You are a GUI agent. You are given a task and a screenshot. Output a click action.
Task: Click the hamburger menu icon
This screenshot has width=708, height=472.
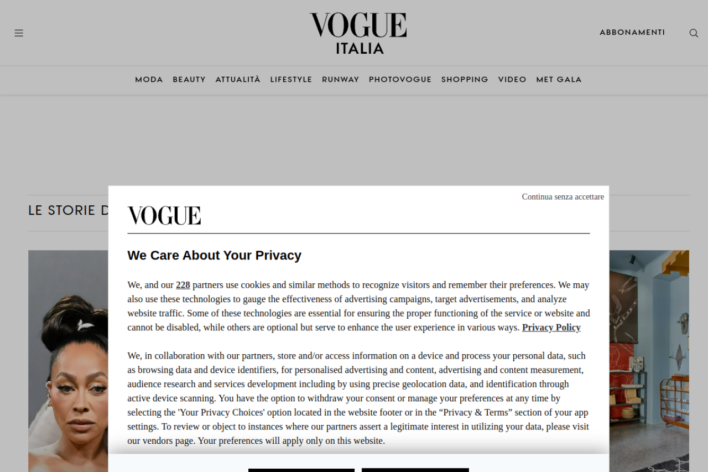pyautogui.click(x=19, y=33)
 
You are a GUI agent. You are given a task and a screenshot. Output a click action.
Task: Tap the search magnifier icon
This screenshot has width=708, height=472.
pyautogui.click(x=694, y=33)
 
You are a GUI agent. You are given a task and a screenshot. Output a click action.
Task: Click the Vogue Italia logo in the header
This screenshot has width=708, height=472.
pyautogui.click(x=358, y=33)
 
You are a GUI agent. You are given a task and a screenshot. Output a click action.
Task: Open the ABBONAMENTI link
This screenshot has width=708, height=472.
pyautogui.click(x=632, y=33)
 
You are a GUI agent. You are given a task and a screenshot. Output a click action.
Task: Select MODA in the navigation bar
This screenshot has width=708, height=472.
pyautogui.click(x=149, y=80)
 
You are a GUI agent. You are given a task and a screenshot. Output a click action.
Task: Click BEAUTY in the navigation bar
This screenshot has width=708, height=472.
pyautogui.click(x=189, y=80)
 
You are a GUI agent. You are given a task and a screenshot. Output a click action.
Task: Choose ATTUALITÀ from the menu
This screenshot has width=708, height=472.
pyautogui.click(x=238, y=80)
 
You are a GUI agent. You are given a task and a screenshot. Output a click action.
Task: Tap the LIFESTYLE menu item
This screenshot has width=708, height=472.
pyautogui.click(x=291, y=80)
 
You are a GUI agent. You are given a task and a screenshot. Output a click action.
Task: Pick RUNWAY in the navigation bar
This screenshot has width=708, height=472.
pyautogui.click(x=340, y=80)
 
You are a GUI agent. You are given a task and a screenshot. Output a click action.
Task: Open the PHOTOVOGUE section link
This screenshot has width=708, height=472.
pyautogui.click(x=400, y=80)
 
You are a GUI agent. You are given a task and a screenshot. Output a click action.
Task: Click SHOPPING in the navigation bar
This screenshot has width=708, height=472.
pyautogui.click(x=465, y=80)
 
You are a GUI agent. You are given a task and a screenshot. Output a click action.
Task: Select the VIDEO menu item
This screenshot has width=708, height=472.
pyautogui.click(x=512, y=80)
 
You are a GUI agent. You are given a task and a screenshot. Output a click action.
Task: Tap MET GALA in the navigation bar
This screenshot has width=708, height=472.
pyautogui.click(x=559, y=80)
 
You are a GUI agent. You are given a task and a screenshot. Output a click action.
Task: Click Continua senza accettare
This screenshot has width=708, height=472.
pyautogui.click(x=563, y=197)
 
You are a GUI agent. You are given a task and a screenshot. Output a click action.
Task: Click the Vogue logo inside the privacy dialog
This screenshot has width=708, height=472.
pyautogui.click(x=164, y=216)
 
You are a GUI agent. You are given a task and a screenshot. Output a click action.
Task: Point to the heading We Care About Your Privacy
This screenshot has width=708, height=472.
pyautogui.click(x=214, y=256)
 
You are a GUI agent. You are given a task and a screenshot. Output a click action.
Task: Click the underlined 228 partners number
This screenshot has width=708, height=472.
pyautogui.click(x=183, y=286)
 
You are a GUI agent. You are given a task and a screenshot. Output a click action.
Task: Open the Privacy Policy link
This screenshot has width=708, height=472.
pyautogui.click(x=551, y=328)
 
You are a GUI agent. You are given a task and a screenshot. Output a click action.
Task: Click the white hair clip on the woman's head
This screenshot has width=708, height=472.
pyautogui.click(x=85, y=325)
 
